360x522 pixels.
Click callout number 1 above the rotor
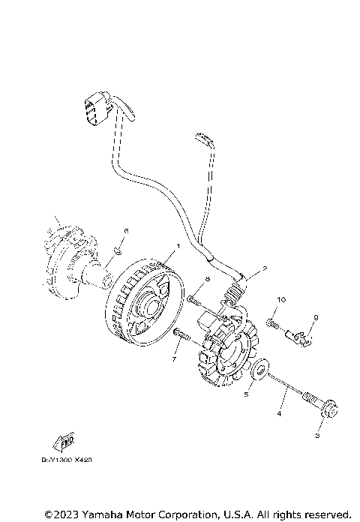(x=178, y=247)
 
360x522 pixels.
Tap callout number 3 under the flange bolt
(x=316, y=434)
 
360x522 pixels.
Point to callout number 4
(x=279, y=412)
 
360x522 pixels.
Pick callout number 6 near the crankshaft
(x=127, y=230)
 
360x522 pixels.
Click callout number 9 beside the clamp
(x=316, y=318)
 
